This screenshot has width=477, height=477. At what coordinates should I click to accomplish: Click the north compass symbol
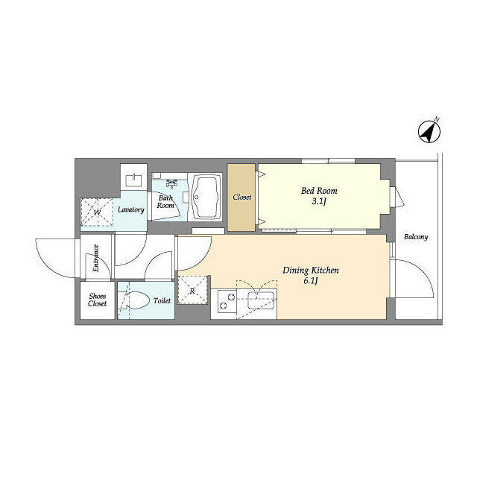429,132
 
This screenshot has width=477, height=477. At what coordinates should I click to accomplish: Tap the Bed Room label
319,191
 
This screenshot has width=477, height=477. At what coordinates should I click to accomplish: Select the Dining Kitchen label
311,270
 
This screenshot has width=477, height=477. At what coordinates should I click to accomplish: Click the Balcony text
416,237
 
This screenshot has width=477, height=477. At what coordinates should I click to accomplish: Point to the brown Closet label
242,197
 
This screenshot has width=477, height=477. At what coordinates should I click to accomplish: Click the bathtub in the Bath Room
206,197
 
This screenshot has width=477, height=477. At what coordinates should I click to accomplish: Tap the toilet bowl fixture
136,300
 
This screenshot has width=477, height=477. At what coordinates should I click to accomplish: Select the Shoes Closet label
98,300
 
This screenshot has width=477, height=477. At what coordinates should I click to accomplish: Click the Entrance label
96,259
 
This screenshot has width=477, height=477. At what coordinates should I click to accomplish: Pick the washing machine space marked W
97,212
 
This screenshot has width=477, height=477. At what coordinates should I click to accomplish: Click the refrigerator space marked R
192,290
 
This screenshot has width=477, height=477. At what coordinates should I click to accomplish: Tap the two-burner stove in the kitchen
227,301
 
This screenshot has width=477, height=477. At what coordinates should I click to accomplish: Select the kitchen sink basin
261,300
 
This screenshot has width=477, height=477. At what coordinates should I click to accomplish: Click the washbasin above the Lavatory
134,180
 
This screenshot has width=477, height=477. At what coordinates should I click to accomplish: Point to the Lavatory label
131,209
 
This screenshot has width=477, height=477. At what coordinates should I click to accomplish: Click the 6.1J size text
311,281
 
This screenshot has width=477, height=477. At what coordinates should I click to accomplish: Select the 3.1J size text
319,201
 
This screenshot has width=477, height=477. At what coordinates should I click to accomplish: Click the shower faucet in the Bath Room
172,183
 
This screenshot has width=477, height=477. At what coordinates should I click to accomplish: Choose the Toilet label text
162,300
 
